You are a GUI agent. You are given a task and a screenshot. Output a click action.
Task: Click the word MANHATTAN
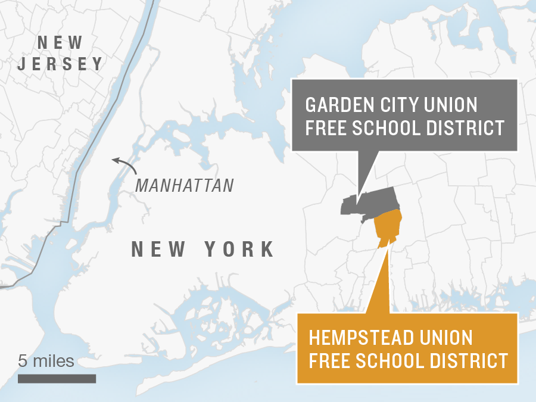click(x=185, y=185)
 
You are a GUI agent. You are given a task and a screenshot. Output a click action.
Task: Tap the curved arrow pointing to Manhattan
click(x=123, y=163)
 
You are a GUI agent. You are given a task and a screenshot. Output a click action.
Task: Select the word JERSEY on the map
click(x=60, y=64)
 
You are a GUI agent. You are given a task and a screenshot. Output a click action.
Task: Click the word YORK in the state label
click(x=241, y=249)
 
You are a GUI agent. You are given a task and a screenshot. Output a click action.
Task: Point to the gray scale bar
click(x=57, y=379)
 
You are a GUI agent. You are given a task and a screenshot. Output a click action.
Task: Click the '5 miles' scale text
click(x=46, y=361)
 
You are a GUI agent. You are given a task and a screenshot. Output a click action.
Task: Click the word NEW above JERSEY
click(x=60, y=43)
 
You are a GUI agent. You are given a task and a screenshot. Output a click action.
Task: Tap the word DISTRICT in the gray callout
click(x=464, y=128)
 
